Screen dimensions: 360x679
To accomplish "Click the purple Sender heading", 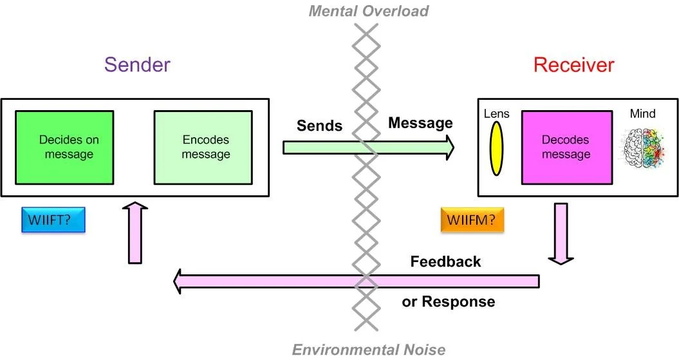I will click(137, 65).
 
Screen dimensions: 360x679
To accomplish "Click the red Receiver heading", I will click(573, 65).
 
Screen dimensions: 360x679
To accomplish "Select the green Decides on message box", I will click(66, 147).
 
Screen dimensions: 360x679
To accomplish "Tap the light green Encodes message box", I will click(202, 147).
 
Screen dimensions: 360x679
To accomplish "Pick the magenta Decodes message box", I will click(566, 147).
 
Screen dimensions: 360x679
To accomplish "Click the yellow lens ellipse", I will click(496, 149).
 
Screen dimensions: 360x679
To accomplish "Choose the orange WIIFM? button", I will click(472, 219).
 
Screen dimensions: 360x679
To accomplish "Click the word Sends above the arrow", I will click(319, 126).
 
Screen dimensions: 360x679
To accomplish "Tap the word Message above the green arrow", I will click(420, 122).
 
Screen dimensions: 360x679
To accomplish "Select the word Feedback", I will click(445, 261).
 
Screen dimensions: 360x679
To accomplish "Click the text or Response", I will click(449, 301).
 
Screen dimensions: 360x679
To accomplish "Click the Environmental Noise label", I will click(368, 350).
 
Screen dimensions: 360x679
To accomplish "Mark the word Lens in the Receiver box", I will click(496, 114).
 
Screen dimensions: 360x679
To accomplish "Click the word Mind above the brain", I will click(642, 114).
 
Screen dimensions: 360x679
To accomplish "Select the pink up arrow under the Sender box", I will click(135, 232).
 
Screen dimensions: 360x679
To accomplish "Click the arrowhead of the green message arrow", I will click(446, 147).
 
